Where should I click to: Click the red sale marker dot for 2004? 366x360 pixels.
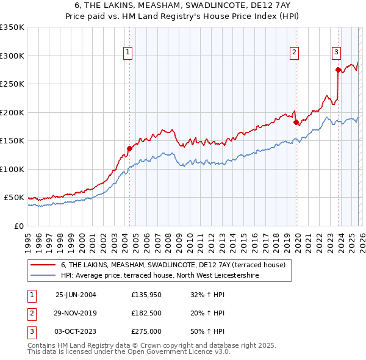coord(129,148)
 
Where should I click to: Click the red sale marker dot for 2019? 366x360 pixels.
coord(296,122)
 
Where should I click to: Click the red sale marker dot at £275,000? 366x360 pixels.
coord(338,70)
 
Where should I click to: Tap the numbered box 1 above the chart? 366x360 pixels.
coord(128,52)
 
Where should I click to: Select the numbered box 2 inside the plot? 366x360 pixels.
coord(294,52)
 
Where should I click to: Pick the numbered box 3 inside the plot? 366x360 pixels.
coord(336,52)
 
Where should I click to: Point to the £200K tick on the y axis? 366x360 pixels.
coord(12,112)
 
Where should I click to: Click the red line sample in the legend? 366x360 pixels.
coord(43,265)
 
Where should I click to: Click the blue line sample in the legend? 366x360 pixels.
coord(43,276)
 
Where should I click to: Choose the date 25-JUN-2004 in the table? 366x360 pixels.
coord(76,295)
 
